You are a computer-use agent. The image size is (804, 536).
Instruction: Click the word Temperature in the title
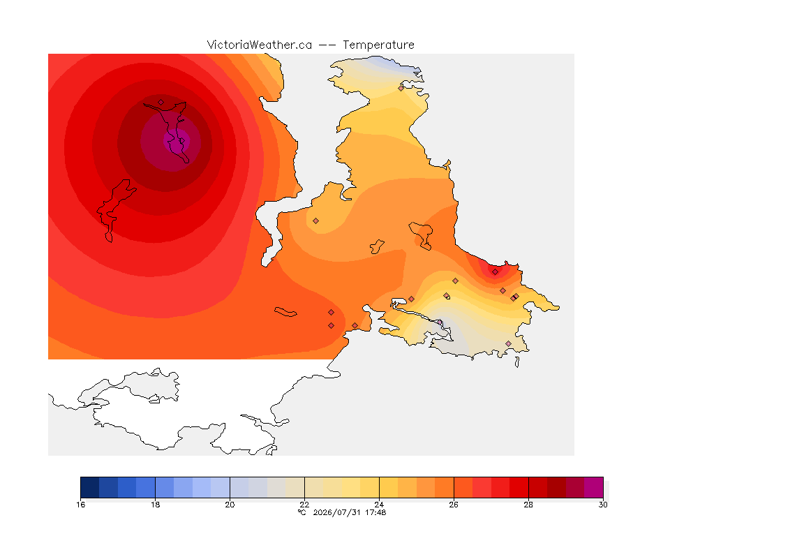pos(378,45)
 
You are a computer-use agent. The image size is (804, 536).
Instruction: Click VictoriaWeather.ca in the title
pos(260,45)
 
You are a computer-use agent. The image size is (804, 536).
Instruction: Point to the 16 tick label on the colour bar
pos(80,505)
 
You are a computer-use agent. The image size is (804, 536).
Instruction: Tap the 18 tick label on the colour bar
pos(156,505)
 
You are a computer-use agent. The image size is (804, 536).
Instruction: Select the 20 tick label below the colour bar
pos(230,505)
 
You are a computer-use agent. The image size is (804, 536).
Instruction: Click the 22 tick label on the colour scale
pos(304,505)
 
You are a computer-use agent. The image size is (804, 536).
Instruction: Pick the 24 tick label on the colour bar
pos(379,505)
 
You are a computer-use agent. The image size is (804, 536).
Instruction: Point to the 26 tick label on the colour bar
pos(454,505)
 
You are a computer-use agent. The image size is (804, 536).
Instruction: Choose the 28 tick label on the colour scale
pos(528,505)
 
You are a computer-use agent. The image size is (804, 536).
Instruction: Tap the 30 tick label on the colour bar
pos(603,505)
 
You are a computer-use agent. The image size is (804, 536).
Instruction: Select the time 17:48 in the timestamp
pos(375,512)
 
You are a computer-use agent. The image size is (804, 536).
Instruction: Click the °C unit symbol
pos(302,512)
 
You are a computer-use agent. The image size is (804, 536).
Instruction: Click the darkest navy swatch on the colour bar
pos(90,487)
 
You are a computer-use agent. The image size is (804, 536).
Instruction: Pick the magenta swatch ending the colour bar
pos(594,487)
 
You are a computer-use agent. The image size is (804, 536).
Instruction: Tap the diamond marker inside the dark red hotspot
pos(161,103)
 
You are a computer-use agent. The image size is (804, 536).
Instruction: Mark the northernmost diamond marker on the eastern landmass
pos(401,88)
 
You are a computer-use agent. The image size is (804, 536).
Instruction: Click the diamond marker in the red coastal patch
pos(495,272)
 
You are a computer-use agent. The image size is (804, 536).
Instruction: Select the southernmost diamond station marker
pos(508,343)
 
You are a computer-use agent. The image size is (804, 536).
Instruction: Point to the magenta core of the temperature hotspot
pos(177,140)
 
